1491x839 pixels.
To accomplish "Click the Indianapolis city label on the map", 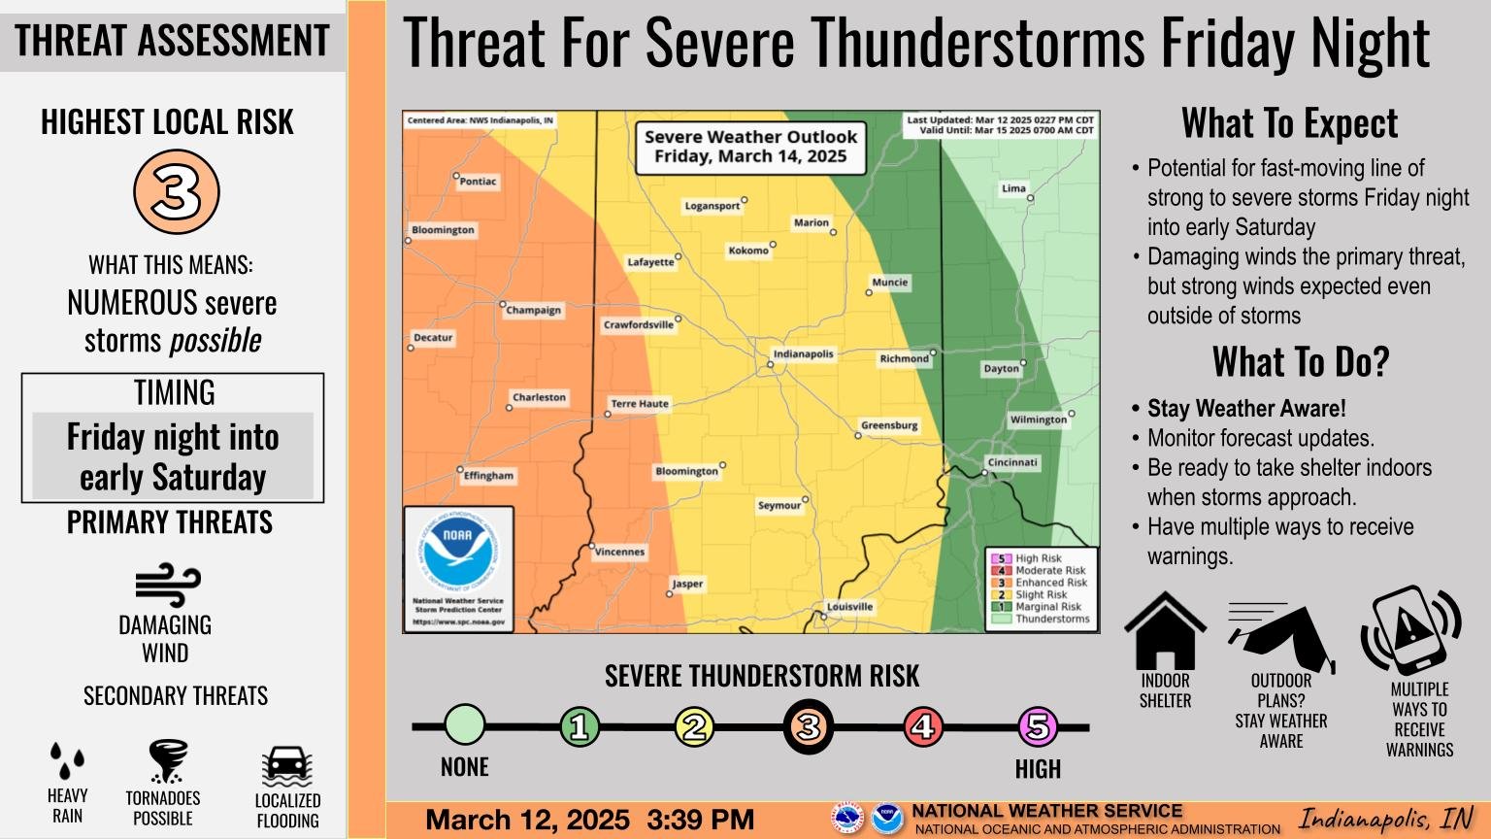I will [803, 354].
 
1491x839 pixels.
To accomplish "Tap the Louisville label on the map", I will [849, 607].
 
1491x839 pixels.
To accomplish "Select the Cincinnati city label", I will [1012, 462].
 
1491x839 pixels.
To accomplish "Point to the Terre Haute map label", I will [639, 404].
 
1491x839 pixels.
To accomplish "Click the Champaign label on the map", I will [533, 310].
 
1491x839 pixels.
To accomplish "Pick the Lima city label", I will [1013, 188].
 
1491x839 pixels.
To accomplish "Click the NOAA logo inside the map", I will [457, 553].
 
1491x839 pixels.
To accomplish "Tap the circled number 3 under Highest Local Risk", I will [176, 192].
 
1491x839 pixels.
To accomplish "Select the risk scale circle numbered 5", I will [1037, 726].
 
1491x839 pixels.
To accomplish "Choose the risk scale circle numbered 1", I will [580, 726].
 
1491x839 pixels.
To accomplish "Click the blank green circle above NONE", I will [465, 725].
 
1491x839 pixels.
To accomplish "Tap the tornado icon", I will [167, 760].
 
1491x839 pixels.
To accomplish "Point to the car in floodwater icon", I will [286, 767].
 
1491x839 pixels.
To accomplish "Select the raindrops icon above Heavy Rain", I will [67, 760].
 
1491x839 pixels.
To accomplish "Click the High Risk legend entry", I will [1038, 558].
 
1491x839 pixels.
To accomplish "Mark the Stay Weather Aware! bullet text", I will [1246, 409].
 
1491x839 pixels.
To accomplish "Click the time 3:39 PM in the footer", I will [700, 820].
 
